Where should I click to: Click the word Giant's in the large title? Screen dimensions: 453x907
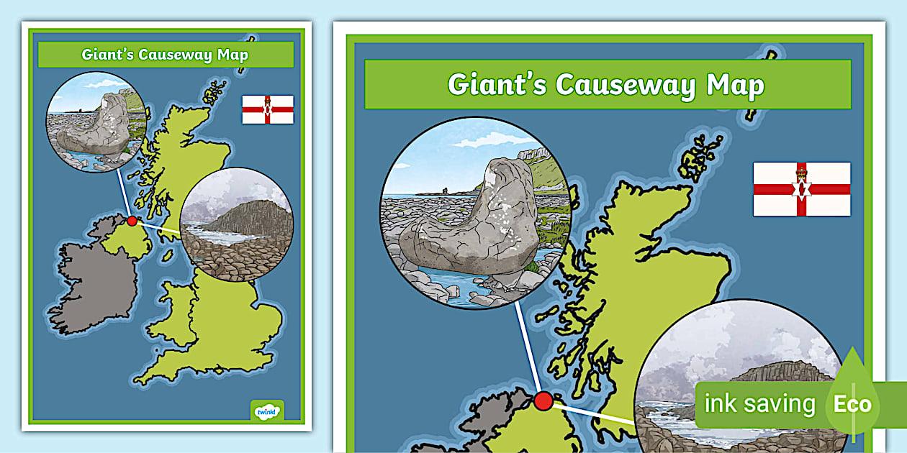[x=496, y=85]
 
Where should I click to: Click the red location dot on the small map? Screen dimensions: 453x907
[x=132, y=221]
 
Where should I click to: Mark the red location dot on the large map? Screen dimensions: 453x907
[x=543, y=401]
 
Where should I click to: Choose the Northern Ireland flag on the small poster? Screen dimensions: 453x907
[x=268, y=109]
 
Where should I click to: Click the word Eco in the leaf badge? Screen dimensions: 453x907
[x=852, y=404]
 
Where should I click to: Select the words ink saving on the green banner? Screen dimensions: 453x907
[x=759, y=404]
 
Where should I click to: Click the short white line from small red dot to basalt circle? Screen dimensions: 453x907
[x=158, y=228]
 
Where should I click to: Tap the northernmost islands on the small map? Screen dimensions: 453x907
[x=214, y=93]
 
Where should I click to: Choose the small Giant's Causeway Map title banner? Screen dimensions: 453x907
[x=166, y=55]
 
